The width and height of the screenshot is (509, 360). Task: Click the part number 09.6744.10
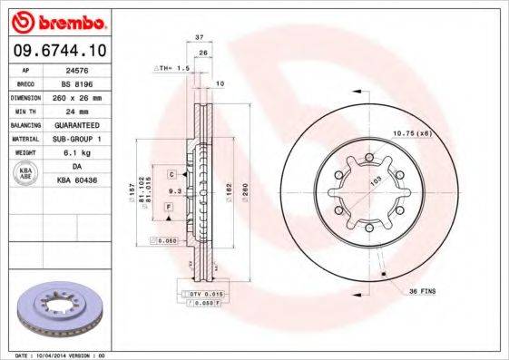coord(59,52)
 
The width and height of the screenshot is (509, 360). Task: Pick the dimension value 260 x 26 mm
coord(84,95)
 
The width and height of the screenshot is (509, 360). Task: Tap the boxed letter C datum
coord(171,172)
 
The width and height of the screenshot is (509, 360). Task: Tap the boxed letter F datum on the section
coord(169,208)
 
